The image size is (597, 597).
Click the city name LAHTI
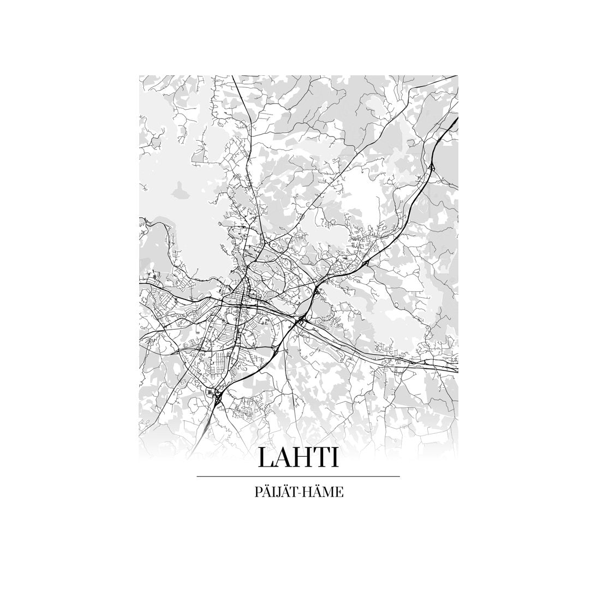pyautogui.click(x=298, y=457)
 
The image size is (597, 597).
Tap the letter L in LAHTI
pyautogui.click(x=266, y=457)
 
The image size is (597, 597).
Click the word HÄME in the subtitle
pyautogui.click(x=325, y=492)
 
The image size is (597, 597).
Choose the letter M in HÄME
pyautogui.click(x=330, y=492)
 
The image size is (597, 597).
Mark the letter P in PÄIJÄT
pyautogui.click(x=258, y=492)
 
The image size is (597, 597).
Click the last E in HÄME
pyautogui.click(x=339, y=492)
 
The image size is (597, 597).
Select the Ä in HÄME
pyautogui.click(x=320, y=492)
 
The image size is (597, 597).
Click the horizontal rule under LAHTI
pyautogui.click(x=298, y=476)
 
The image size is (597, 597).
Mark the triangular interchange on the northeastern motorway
pyautogui.click(x=431, y=166)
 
